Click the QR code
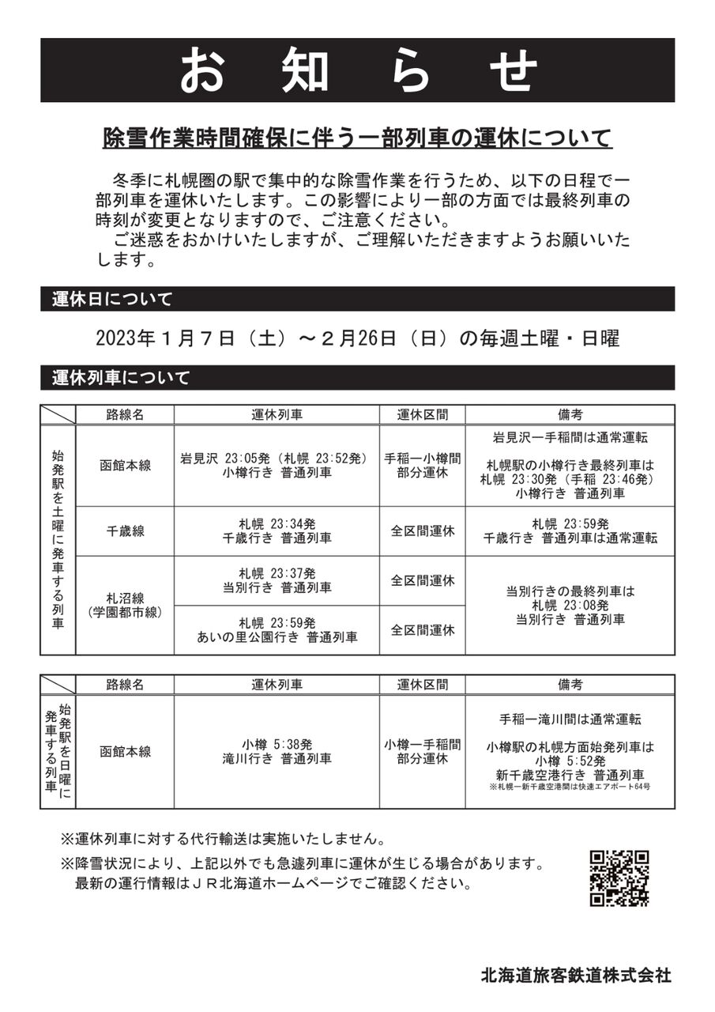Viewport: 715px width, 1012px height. click(x=619, y=878)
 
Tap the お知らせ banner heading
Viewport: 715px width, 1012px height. click(x=358, y=70)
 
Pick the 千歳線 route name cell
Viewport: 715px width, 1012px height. click(x=125, y=531)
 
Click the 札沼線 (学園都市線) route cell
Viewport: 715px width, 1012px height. click(x=125, y=605)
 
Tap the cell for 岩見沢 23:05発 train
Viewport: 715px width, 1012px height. click(x=277, y=466)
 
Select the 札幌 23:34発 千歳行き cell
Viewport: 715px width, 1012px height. click(x=277, y=531)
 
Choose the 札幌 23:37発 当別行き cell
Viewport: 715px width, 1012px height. click(x=277, y=580)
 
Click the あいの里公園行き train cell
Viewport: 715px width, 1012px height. click(x=277, y=629)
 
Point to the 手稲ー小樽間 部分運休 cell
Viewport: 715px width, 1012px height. click(x=422, y=466)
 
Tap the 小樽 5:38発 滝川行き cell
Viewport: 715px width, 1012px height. click(x=277, y=751)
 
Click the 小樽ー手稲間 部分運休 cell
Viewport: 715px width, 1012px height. click(x=422, y=751)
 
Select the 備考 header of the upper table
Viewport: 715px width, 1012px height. click(x=570, y=414)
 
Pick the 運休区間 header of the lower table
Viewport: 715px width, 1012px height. click(x=422, y=685)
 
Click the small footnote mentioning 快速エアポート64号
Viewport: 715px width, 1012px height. click(x=570, y=787)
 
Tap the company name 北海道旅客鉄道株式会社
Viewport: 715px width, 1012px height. click(x=576, y=975)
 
